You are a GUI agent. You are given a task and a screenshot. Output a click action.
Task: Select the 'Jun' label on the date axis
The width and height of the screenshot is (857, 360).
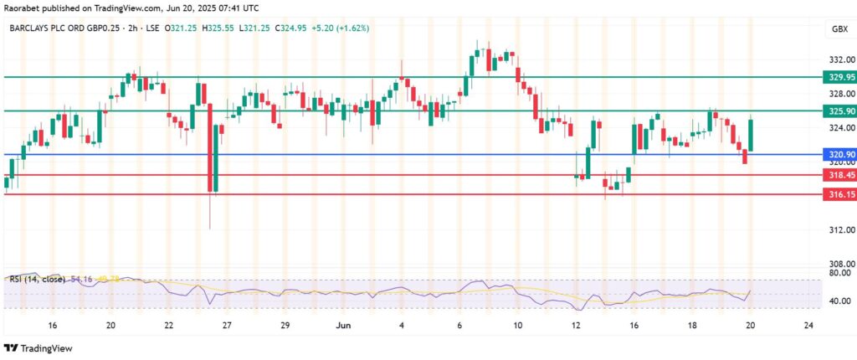tap(343, 324)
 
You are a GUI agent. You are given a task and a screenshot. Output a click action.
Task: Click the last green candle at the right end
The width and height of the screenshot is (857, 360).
tap(751, 135)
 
